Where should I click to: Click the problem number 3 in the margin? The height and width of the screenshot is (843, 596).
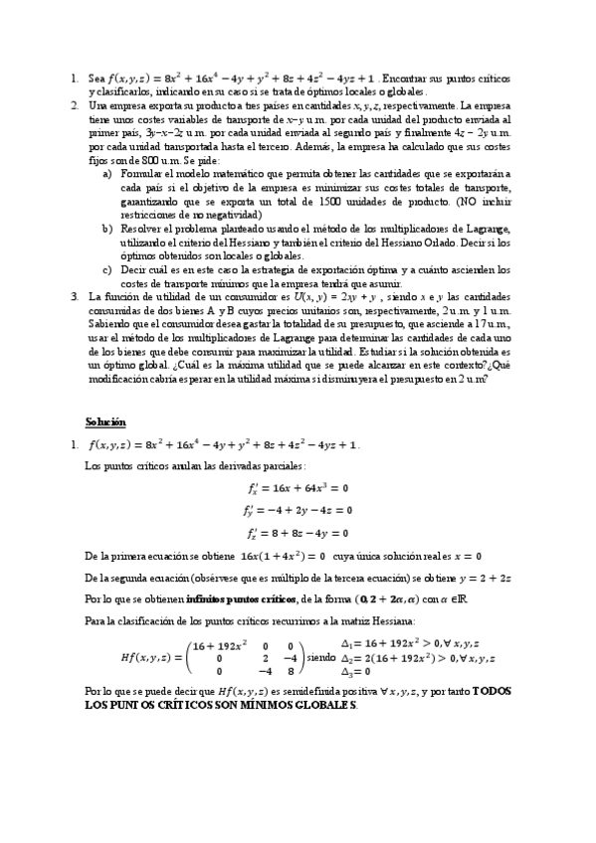click(x=73, y=296)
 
